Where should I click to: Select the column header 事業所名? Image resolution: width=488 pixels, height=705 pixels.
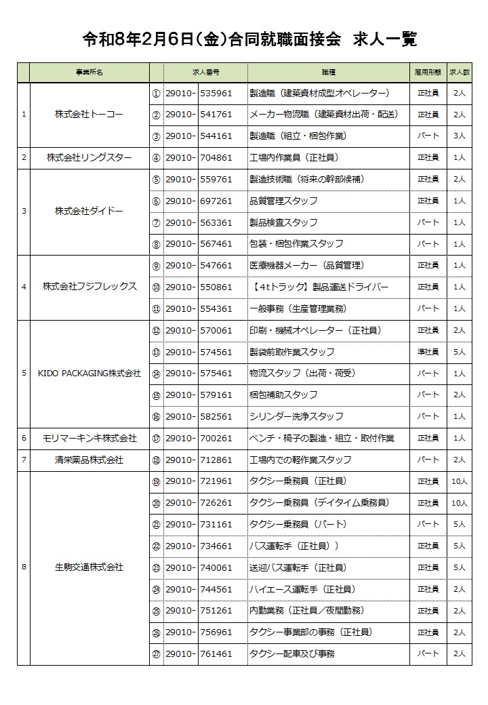click(x=89, y=72)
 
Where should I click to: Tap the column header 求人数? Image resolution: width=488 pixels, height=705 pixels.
click(x=459, y=72)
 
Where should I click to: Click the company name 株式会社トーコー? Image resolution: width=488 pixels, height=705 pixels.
click(x=89, y=115)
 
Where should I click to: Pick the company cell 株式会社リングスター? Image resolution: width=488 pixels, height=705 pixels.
click(x=89, y=158)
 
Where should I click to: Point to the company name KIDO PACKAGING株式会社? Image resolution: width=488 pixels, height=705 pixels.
click(x=89, y=374)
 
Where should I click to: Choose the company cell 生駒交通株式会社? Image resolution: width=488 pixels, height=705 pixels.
click(x=89, y=567)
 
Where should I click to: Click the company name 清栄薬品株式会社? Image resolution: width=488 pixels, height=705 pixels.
click(x=89, y=460)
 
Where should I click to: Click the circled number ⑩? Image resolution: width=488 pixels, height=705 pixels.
click(x=156, y=287)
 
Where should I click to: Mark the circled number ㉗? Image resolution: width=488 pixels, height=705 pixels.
click(x=156, y=654)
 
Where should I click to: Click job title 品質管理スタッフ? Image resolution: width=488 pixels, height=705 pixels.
click(x=283, y=201)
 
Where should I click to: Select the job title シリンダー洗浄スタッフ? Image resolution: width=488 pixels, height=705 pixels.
click(x=297, y=416)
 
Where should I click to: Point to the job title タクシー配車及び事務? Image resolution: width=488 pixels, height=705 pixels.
click(x=292, y=654)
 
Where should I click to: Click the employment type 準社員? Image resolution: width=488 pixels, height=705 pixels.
click(x=428, y=352)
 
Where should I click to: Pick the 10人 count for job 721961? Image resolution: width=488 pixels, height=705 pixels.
click(x=459, y=481)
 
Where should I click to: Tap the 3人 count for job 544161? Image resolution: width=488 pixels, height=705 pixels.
click(x=459, y=136)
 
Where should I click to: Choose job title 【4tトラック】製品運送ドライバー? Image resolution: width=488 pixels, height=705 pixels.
click(x=319, y=287)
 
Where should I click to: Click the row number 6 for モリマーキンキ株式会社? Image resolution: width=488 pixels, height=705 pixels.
click(x=24, y=439)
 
